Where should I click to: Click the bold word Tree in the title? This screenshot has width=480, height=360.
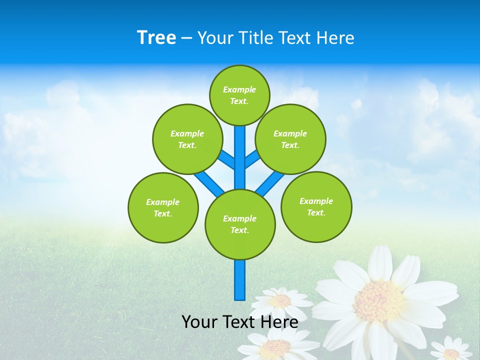(x=156, y=37)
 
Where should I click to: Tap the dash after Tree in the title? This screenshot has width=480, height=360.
(x=186, y=38)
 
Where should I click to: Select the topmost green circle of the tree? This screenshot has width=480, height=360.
(x=239, y=95)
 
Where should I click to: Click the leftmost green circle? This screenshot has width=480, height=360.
(x=163, y=207)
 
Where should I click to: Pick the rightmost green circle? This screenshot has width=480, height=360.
(x=316, y=206)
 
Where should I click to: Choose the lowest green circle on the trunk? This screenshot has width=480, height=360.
(x=240, y=224)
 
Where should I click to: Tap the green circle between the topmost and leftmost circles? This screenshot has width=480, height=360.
(x=187, y=139)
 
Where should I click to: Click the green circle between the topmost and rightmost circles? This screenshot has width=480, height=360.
(x=290, y=139)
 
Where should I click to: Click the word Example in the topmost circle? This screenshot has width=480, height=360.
(x=239, y=89)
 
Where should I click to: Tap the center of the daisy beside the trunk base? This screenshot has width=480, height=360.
(x=281, y=300)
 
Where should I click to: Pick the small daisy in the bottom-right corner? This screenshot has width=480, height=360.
(x=451, y=353)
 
